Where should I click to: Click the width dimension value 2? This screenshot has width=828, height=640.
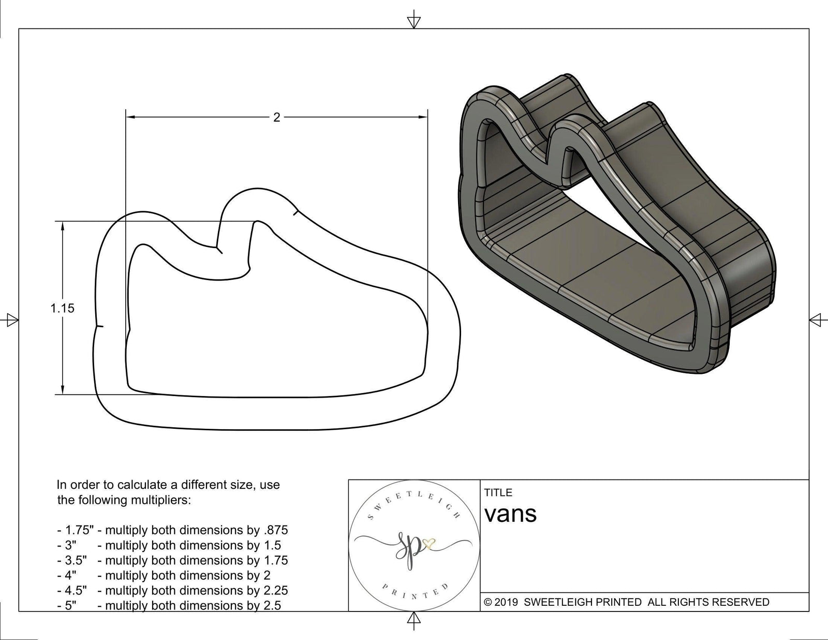(x=276, y=118)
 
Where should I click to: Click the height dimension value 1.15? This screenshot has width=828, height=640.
(x=62, y=308)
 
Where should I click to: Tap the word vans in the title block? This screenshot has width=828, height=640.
(x=510, y=514)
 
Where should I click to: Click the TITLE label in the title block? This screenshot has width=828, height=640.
(x=498, y=492)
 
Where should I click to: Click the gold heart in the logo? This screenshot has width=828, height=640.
(x=429, y=544)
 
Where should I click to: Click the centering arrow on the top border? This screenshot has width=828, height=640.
(x=413, y=21)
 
